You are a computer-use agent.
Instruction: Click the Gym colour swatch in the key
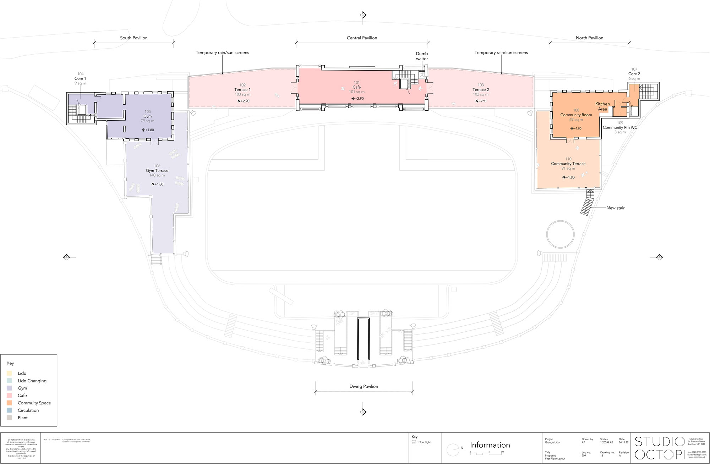[9, 388]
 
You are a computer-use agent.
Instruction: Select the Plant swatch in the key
[9, 418]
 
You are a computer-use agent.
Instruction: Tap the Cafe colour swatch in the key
[9, 396]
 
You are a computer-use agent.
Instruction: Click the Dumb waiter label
[422, 56]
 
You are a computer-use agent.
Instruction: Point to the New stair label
[615, 208]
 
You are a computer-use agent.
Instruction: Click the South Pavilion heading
[133, 38]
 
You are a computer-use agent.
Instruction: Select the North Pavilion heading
[589, 38]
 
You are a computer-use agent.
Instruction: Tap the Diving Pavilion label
[364, 386]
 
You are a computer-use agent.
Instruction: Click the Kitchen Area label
[602, 106]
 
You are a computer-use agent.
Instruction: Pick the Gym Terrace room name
[157, 171]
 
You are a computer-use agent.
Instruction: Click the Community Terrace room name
[568, 164]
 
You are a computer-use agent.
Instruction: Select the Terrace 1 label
[242, 90]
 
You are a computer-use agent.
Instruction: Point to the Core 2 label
[634, 74]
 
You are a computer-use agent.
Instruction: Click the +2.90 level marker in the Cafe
[358, 99]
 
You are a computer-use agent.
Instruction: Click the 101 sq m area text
[356, 92]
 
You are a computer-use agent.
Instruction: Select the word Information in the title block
[490, 445]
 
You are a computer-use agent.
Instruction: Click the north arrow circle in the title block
[453, 450]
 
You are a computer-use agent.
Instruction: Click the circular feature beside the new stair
[560, 234]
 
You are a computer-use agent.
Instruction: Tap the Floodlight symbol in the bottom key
[414, 442]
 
